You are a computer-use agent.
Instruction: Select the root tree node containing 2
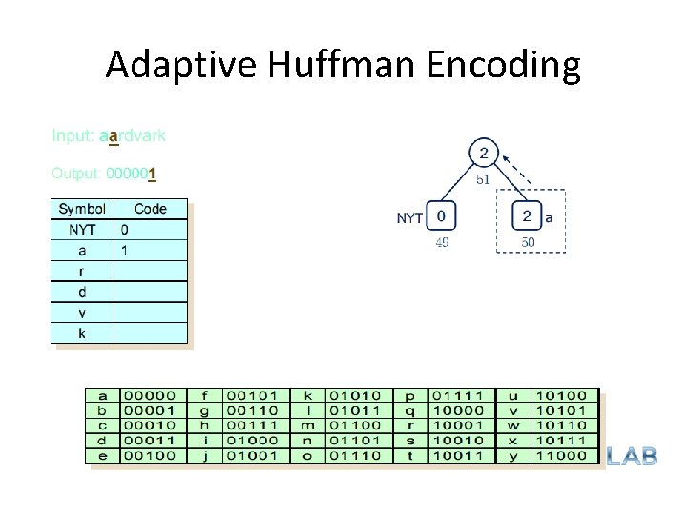[484, 153]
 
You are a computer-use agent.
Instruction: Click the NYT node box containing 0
[440, 216]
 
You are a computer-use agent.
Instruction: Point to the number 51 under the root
[484, 178]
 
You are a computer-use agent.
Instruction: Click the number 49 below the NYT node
[442, 242]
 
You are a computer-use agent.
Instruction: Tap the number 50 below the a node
[528, 242]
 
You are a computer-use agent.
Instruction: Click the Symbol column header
[82, 209]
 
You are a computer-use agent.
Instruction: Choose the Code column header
[151, 209]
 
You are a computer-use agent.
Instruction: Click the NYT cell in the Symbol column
[82, 230]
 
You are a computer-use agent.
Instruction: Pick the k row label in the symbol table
[82, 333]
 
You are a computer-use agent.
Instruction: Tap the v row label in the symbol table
[82, 312]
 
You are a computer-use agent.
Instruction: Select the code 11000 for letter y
[561, 455]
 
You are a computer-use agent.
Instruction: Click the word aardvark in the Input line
[133, 135]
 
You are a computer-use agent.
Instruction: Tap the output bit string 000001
[131, 174]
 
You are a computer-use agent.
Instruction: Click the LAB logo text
[632, 456]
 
